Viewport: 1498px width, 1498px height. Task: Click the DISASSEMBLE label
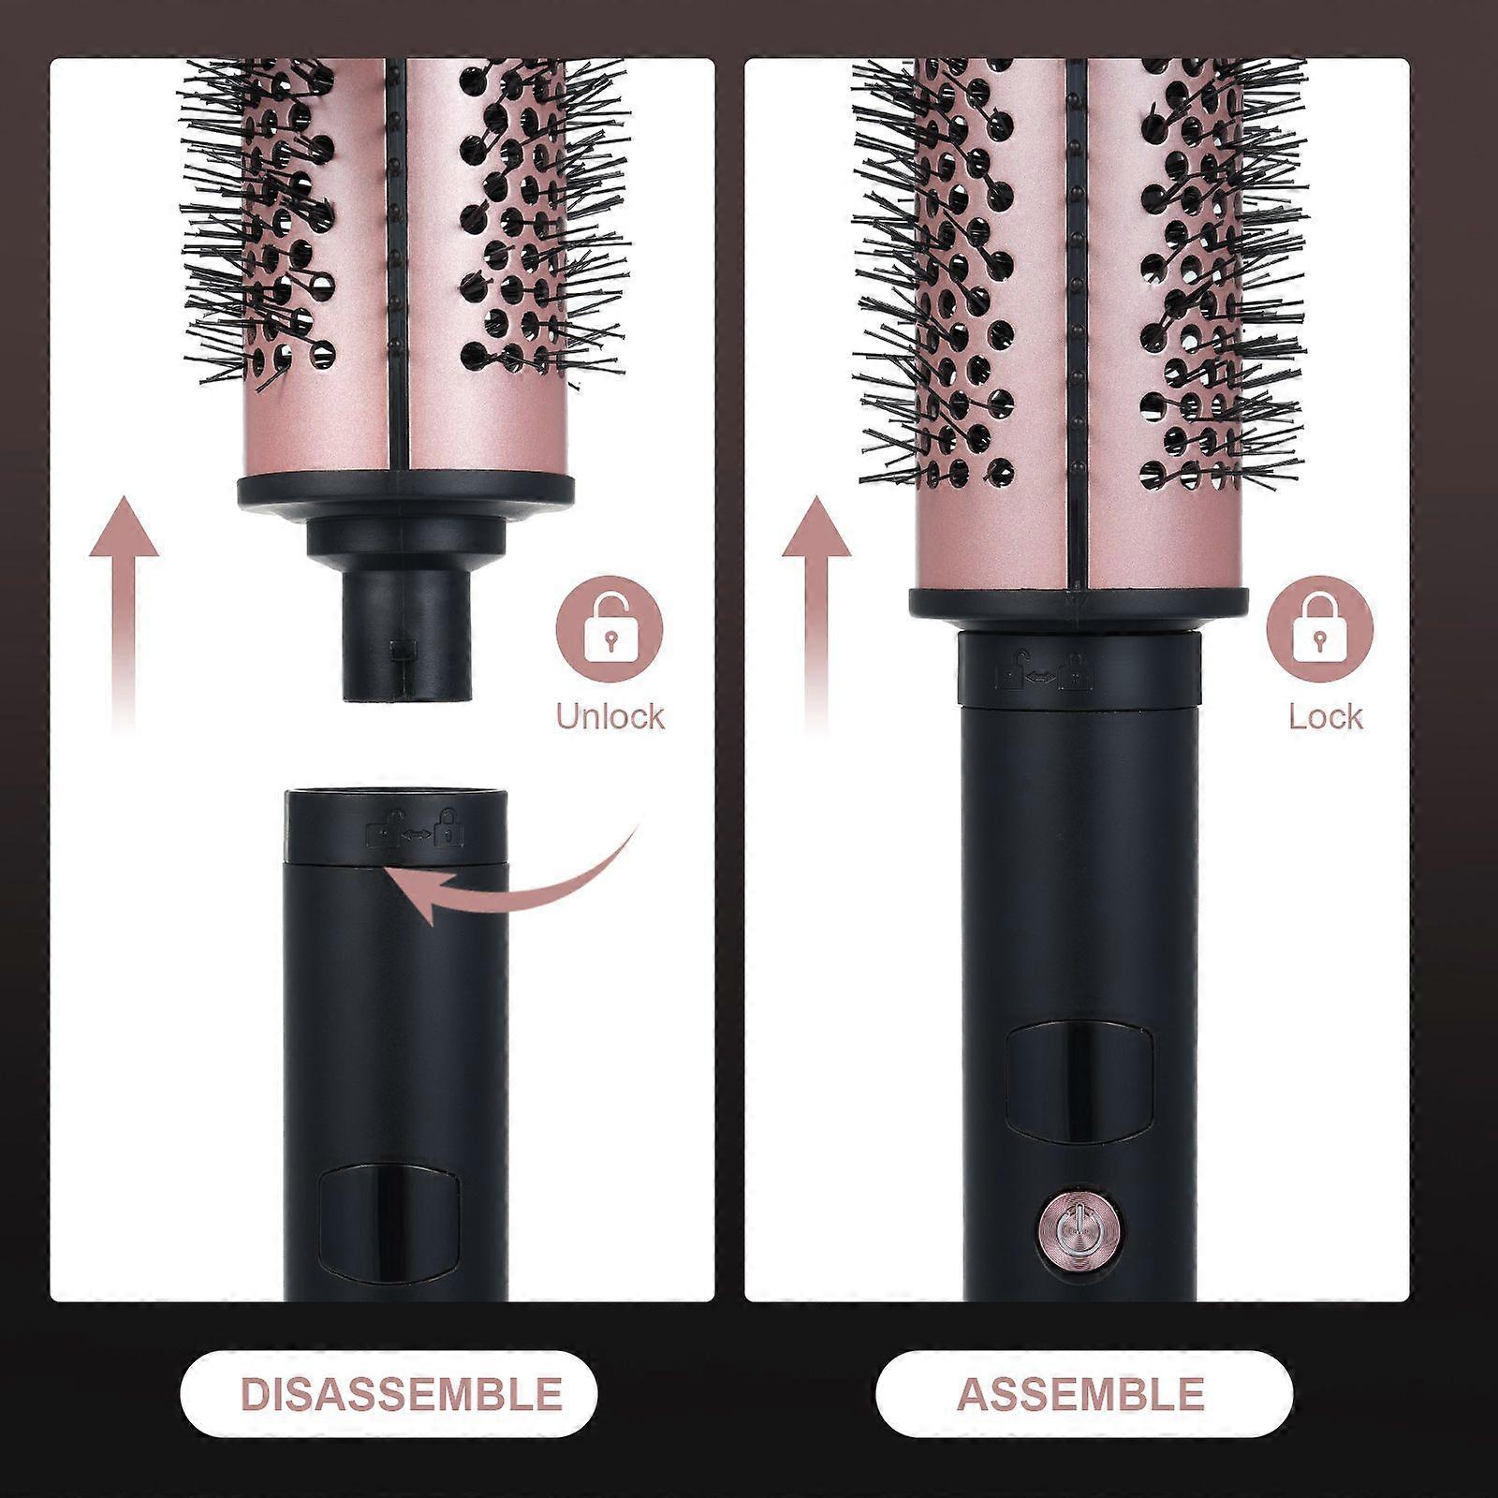click(x=402, y=1394)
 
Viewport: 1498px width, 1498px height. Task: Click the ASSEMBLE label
click(x=1079, y=1394)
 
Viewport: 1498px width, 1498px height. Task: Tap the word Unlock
click(x=609, y=716)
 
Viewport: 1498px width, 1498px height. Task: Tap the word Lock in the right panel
click(x=1326, y=716)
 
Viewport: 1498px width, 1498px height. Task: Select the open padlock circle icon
click(x=609, y=628)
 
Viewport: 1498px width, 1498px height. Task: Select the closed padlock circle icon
click(x=1320, y=628)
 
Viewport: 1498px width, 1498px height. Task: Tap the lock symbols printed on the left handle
click(x=416, y=827)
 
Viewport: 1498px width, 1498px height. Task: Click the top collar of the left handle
click(x=397, y=826)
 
